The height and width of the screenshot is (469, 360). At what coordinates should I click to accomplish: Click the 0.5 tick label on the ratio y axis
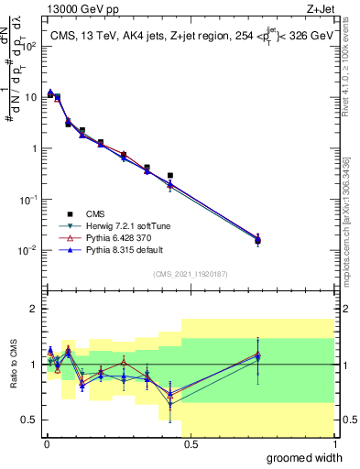click(x=31, y=420)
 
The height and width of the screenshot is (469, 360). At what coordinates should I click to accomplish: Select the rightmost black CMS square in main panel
click(x=258, y=241)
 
